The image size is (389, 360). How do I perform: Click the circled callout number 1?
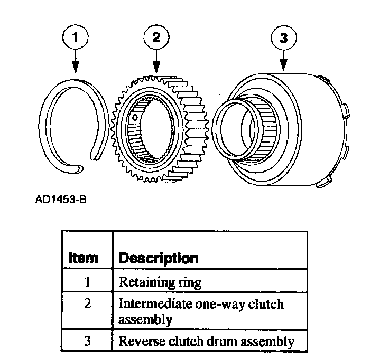click(x=76, y=37)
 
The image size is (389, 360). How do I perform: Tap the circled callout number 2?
click(x=156, y=37)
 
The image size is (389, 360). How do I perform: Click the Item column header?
click(x=83, y=258)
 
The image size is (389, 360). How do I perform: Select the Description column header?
click(x=159, y=258)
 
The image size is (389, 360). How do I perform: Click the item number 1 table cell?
click(x=86, y=282)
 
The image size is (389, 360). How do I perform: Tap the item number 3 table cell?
click(x=86, y=340)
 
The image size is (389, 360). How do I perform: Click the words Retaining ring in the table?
click(x=160, y=282)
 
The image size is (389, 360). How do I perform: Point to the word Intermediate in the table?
click(x=151, y=305)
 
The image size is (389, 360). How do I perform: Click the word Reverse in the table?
click(x=139, y=341)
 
